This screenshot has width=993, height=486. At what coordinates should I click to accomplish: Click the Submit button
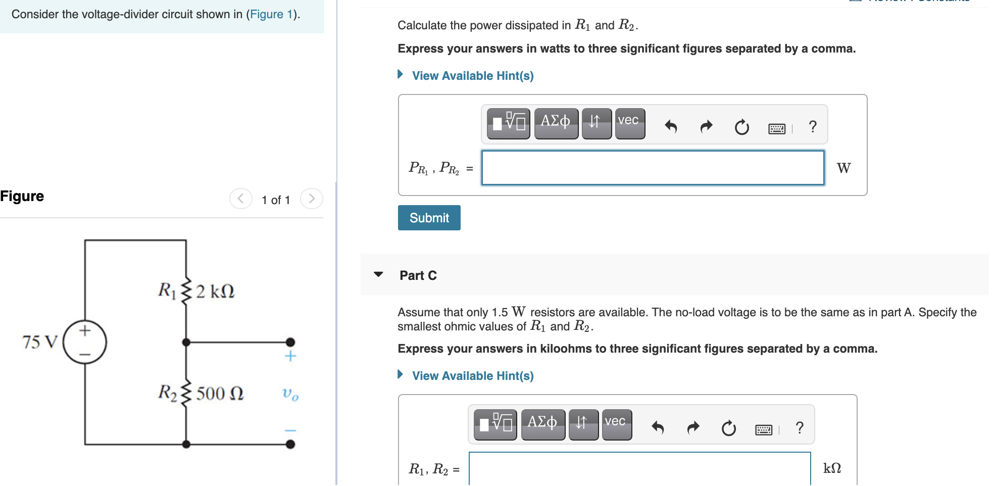coord(429,218)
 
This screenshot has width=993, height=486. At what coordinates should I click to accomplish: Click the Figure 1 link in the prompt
coord(271,14)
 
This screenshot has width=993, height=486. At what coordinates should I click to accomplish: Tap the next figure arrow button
coord(311,199)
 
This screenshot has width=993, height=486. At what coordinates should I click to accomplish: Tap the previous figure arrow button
coord(240,199)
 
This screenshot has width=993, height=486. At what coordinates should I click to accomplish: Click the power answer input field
coord(653,168)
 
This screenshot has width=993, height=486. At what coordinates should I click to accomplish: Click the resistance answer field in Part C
coord(639,469)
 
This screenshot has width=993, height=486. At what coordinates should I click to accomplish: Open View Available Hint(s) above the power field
coord(472,76)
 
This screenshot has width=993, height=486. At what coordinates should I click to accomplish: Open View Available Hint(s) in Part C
coord(472,376)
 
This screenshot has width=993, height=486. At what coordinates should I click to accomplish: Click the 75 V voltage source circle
coord(85,342)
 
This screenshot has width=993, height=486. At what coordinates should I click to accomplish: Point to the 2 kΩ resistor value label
coord(216,291)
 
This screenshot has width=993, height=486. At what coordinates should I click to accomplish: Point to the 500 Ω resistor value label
coord(220,394)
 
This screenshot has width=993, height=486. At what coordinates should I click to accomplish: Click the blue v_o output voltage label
coord(290,394)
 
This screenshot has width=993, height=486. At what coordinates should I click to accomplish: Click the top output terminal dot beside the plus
coord(290,342)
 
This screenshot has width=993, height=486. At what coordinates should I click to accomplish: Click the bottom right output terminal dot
coord(290,444)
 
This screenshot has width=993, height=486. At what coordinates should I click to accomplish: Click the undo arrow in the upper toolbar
coord(671,126)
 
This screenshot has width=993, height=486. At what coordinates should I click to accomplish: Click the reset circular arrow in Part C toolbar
coord(728,428)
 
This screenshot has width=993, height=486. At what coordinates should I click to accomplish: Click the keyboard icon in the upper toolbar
coord(776,128)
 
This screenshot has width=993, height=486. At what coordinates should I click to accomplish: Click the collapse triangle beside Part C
coord(378,275)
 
